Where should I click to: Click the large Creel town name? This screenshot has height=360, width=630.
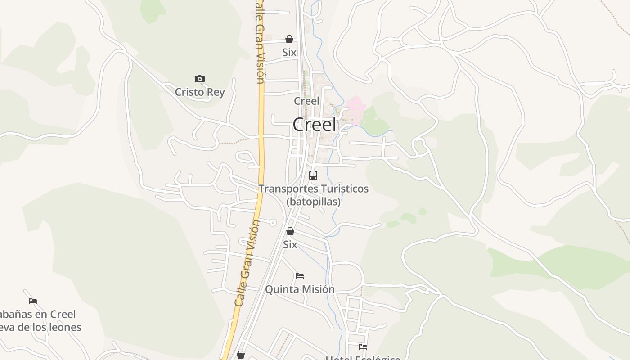[x=314, y=125]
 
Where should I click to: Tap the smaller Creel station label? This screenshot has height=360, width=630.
[x=306, y=101]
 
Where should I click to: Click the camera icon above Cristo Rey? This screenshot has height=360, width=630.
[x=199, y=79]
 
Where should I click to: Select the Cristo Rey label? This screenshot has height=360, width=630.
[x=199, y=92]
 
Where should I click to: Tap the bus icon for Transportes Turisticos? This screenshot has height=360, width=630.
[x=313, y=175]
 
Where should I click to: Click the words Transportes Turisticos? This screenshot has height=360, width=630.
[x=313, y=189]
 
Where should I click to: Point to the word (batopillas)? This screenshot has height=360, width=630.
[x=313, y=202]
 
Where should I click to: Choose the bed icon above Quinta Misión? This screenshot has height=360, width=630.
[x=300, y=275]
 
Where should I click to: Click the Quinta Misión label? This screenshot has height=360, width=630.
[x=300, y=289]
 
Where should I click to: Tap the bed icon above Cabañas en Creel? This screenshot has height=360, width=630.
[x=33, y=301]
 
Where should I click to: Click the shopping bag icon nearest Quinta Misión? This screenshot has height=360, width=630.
[x=290, y=231]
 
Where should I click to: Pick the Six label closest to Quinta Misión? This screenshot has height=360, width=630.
[x=290, y=244]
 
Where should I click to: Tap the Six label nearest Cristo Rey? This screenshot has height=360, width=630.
[x=289, y=52]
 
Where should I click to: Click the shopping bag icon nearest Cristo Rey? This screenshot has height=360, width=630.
[x=289, y=39]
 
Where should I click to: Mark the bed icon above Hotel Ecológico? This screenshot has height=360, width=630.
[x=363, y=346]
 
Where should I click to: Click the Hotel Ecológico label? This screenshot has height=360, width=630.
[x=363, y=358]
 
